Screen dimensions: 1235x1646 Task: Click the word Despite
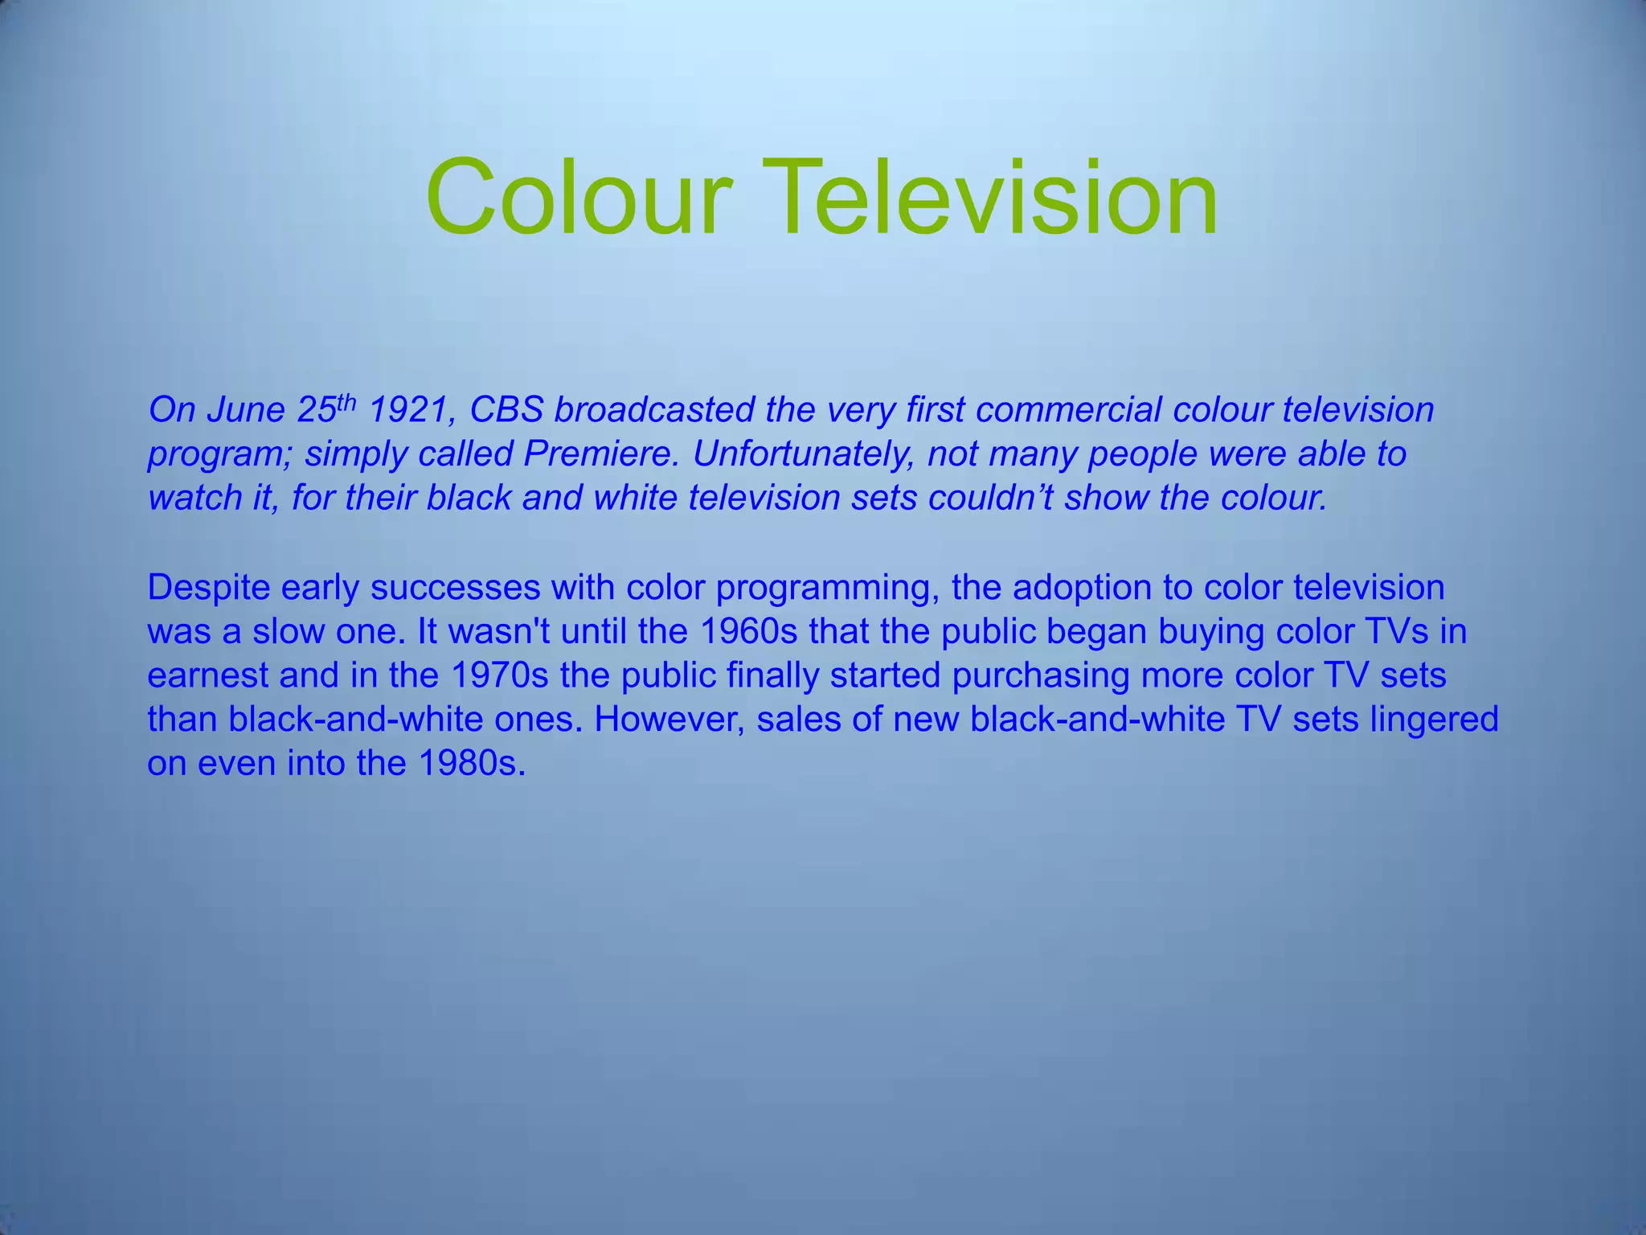tap(208, 588)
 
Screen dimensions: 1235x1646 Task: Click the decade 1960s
tap(748, 632)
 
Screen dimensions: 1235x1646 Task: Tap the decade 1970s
tap(499, 675)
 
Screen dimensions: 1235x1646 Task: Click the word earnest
tap(207, 675)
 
